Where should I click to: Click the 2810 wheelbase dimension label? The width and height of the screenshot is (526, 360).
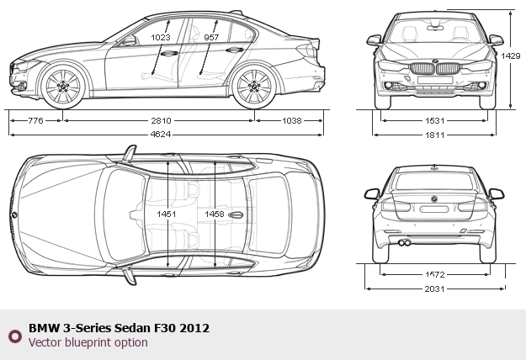coord(161,120)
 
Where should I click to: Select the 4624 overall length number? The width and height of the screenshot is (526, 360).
coord(161,135)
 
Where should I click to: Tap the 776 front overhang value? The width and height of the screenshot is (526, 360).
coord(35,120)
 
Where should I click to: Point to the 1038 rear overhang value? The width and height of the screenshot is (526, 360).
coord(292,120)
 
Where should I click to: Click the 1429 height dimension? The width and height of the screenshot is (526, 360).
coord(511,56)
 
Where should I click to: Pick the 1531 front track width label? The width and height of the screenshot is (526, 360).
coord(435,120)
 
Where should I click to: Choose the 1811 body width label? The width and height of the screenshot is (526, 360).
coord(435,135)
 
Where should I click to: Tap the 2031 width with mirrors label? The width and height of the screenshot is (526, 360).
coord(435,289)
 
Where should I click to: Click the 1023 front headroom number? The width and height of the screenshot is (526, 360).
coord(161,37)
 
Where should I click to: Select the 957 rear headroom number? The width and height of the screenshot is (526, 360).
coord(211,37)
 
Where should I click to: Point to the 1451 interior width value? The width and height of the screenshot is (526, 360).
coord(167,214)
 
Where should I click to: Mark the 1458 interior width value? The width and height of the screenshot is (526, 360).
coord(215,214)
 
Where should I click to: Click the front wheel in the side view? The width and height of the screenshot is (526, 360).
coord(63,86)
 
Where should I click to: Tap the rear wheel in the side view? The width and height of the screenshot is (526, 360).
coord(254,86)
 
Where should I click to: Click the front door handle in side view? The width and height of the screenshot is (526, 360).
coord(169,53)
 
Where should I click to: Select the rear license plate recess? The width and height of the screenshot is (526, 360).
coord(434,209)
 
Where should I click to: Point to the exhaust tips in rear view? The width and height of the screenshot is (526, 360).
coord(405,243)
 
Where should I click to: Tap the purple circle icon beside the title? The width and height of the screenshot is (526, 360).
coord(15,336)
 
